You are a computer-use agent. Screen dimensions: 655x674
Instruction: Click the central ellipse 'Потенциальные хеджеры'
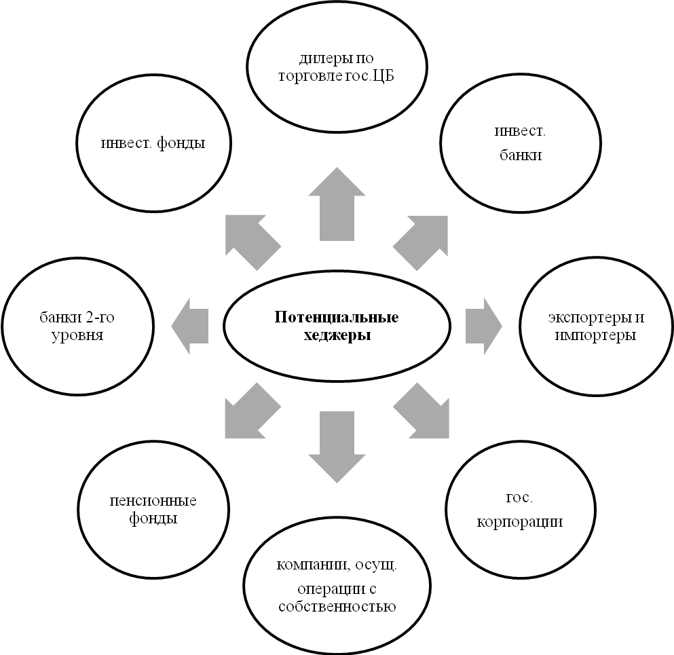337,326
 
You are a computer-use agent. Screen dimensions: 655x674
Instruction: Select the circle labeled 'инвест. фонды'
152,144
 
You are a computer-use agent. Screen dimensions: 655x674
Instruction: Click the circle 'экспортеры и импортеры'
596,326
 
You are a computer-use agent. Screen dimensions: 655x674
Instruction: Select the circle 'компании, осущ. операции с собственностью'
337,586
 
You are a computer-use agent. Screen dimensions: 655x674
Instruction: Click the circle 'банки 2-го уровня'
77,326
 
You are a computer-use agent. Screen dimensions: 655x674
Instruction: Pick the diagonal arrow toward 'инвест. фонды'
250,240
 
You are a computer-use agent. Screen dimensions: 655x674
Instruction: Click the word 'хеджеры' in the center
337,336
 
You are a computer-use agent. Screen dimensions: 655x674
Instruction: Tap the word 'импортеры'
595,335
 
